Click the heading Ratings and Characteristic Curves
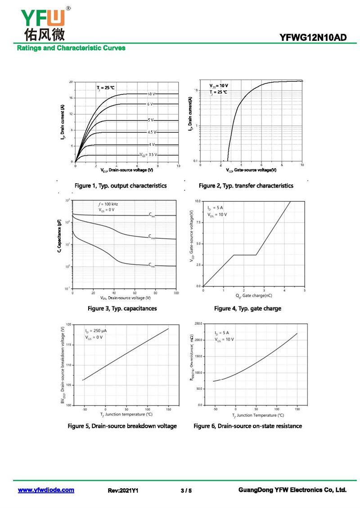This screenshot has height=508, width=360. click(71, 48)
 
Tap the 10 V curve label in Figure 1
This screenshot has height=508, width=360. click(151, 94)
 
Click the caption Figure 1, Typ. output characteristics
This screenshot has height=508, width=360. click(121, 186)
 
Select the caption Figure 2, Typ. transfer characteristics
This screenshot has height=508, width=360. click(246, 186)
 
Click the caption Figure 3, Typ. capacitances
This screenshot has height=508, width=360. click(122, 308)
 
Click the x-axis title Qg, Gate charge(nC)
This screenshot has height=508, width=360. click(254, 296)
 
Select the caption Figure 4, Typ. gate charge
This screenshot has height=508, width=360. click(247, 308)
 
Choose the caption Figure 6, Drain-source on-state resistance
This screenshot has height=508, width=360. click(247, 426)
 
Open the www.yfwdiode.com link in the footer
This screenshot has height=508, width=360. click(46, 490)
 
